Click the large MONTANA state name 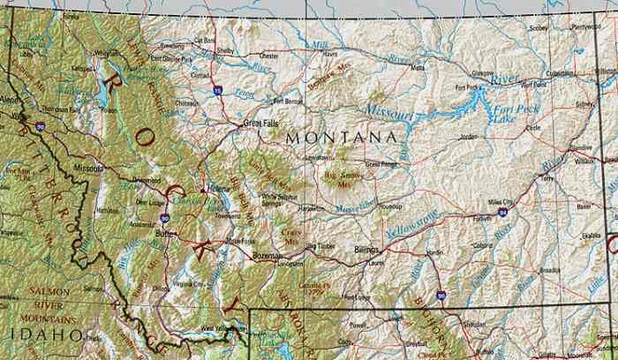coord(341,139)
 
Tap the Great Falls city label coord(261,124)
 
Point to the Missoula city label coord(88,167)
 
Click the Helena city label coord(218,188)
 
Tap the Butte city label coord(162,235)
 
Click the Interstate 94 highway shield coord(502,213)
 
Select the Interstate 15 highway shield coord(217,90)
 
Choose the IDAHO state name coord(34,334)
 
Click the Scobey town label coord(538,28)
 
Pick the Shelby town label coord(225,50)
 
